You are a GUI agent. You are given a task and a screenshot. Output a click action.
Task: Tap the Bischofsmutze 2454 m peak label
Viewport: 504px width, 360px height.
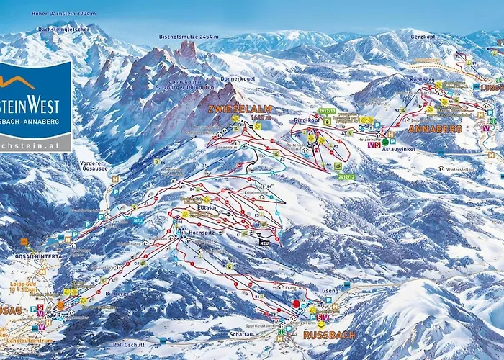[x=166, y=36]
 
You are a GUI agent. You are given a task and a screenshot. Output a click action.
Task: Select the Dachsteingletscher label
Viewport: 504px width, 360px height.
[x=63, y=29]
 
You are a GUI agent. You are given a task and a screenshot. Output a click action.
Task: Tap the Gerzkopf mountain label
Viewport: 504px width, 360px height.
[x=423, y=36]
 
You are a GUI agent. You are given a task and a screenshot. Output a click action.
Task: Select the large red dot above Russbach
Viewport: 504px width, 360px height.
[x=295, y=304]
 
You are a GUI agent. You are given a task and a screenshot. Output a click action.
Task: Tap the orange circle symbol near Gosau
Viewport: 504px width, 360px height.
[x=60, y=305]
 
